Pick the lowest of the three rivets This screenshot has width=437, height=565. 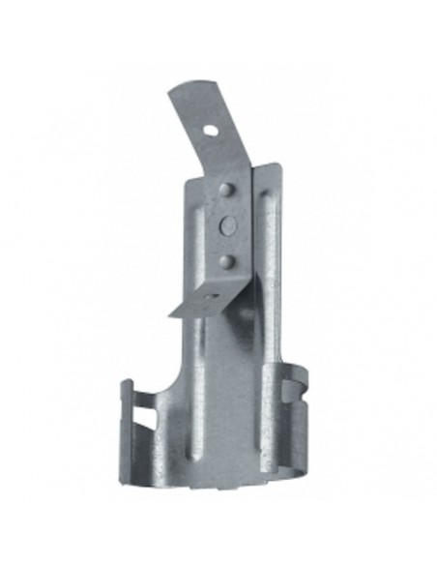pos(227,259)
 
